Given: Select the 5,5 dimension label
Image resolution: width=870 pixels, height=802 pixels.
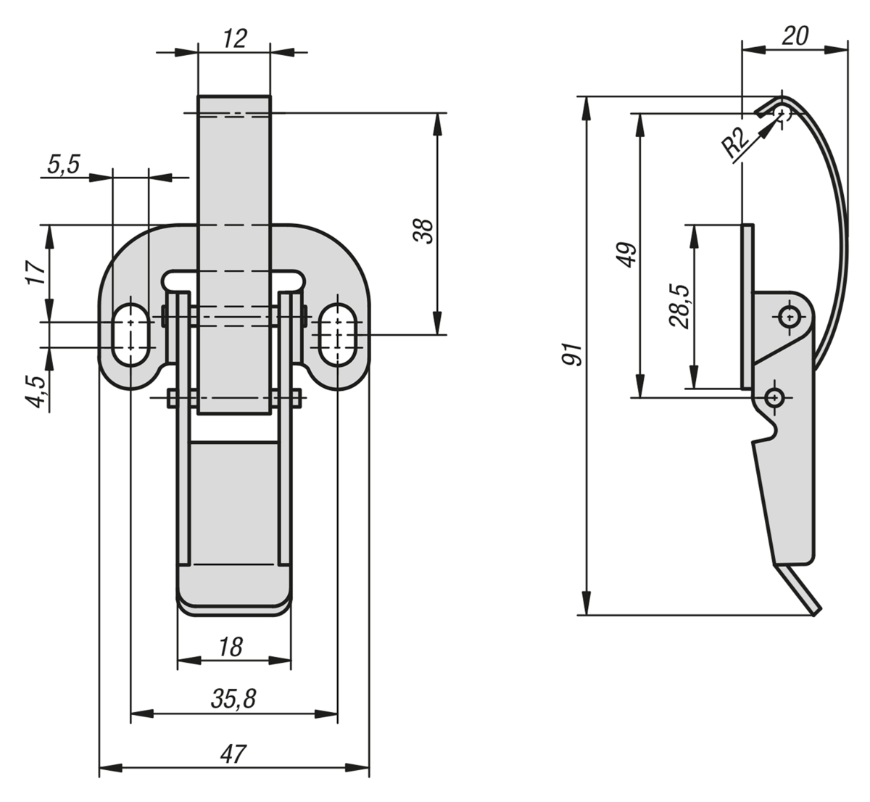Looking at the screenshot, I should point(63,165).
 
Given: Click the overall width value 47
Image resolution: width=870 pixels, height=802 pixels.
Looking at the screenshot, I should point(233,753).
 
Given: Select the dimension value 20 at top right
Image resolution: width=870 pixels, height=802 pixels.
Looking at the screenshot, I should point(795,36).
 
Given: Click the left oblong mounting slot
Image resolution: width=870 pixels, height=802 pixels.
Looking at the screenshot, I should point(131,332).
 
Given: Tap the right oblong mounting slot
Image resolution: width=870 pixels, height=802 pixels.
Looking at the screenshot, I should point(337,332).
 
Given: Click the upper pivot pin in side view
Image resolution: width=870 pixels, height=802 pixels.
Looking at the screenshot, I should point(788,315).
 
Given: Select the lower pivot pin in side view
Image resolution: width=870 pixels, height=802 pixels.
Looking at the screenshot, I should point(774,397).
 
